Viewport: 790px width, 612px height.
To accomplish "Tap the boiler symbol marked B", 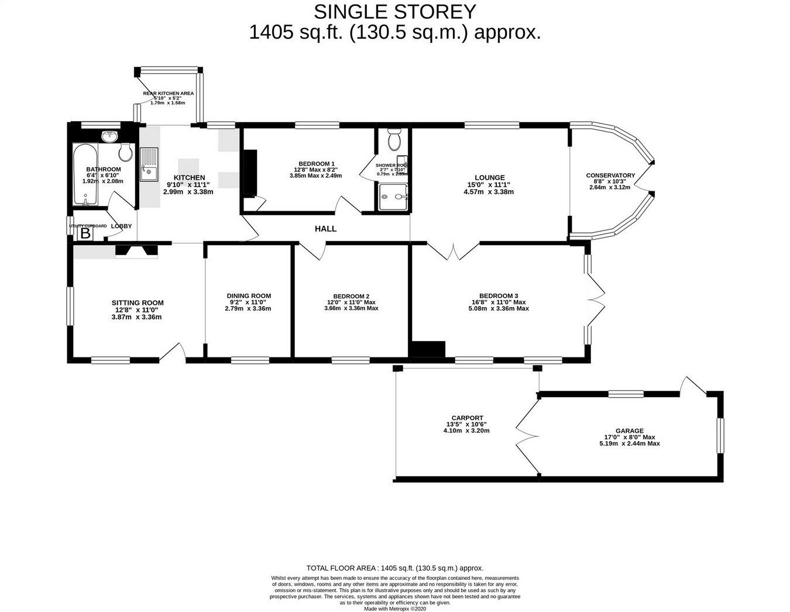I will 85,234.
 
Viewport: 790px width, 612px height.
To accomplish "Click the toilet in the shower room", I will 394,140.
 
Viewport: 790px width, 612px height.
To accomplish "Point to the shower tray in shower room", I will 392,197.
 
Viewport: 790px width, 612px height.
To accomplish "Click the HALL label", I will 325,229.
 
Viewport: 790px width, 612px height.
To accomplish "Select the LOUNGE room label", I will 489,178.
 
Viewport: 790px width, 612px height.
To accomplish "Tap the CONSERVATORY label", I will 610,176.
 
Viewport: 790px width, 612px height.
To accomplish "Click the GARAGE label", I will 629,431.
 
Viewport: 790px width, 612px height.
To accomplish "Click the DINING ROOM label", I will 249,296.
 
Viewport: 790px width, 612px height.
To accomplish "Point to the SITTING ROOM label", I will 138,303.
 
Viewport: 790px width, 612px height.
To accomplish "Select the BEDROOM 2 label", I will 351,296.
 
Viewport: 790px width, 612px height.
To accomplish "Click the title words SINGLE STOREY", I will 395,12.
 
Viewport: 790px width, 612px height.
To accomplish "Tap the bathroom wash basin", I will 109,137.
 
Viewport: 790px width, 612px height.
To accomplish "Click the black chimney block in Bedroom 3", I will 428,349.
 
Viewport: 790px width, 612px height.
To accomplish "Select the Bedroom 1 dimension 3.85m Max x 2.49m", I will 315,176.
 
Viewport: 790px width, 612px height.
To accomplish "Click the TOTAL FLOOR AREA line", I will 395,568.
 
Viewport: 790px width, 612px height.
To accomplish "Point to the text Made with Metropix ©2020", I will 395,608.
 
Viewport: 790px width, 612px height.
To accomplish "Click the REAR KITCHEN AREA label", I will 169,93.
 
